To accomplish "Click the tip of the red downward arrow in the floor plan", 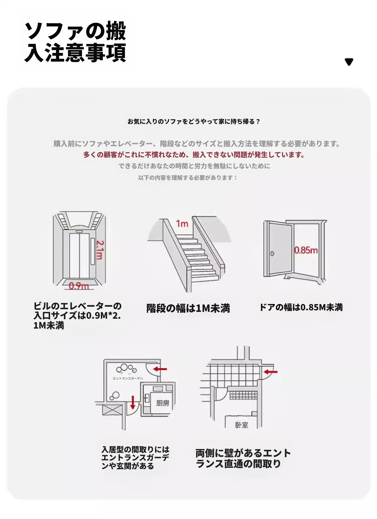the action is click(133, 409).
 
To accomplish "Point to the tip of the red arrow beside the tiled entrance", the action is click(263, 372).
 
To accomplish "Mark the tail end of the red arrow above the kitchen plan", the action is click(167, 369).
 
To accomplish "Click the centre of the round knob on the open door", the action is click(272, 253).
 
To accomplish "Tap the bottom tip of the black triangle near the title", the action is click(349, 65).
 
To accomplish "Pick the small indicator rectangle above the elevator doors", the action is click(79, 231).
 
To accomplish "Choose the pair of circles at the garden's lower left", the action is click(114, 396).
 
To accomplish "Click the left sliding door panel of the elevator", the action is click(74, 255).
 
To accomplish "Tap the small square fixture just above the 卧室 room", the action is click(254, 414).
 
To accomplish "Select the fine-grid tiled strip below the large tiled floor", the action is click(243, 395).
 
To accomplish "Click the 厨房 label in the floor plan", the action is click(163, 403).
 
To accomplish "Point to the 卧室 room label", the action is click(241, 425).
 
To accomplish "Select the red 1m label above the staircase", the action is click(182, 224).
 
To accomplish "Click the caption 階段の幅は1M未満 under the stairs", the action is click(188, 308).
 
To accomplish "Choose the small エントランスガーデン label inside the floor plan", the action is click(128, 378).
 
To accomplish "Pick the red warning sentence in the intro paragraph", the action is click(194, 155).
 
